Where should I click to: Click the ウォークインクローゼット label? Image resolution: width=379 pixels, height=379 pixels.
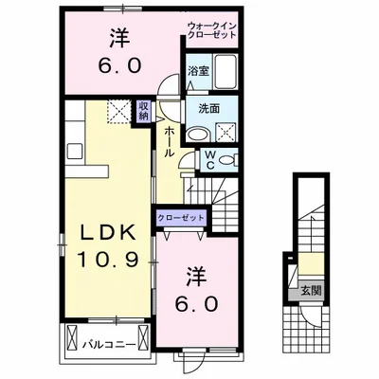(212, 30)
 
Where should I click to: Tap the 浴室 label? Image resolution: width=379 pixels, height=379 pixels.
(198, 71)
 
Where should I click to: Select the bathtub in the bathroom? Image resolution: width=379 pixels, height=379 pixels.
(226, 71)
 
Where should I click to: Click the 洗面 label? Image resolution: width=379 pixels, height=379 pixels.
(208, 109)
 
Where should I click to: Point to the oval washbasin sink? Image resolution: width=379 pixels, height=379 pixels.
(196, 135)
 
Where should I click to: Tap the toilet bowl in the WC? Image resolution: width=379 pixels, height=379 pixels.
(227, 160)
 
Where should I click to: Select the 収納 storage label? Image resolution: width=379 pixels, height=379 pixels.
(143, 111)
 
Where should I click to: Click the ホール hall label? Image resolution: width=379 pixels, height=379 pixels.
(170, 141)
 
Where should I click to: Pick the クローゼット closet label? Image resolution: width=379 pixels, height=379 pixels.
(181, 218)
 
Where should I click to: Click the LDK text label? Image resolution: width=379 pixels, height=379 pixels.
(108, 233)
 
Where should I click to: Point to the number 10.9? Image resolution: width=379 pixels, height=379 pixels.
(107, 261)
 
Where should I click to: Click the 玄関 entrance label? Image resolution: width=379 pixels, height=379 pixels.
(311, 290)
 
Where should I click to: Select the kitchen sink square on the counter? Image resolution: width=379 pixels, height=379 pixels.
(75, 151)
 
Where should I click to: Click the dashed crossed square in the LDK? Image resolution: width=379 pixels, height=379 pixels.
(118, 111)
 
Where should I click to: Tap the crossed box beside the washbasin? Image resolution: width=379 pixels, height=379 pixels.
(226, 133)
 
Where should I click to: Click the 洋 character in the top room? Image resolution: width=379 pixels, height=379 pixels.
(119, 38)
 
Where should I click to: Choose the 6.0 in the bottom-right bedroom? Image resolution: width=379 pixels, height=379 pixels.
(196, 304)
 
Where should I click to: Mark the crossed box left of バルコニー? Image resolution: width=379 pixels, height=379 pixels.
(72, 337)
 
